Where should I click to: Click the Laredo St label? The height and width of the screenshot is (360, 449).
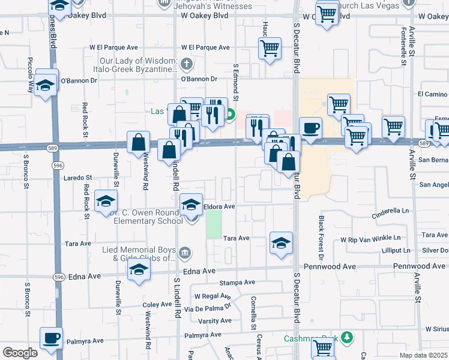pyautogui.click(x=77, y=178)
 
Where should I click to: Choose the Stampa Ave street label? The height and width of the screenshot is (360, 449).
pyautogui.click(x=237, y=282)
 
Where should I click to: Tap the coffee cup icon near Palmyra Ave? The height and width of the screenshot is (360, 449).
pyautogui.click(x=51, y=338)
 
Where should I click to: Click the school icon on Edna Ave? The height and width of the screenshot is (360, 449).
pyautogui.click(x=139, y=271)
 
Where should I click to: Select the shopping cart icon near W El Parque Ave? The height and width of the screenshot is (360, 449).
pyautogui.click(x=270, y=48)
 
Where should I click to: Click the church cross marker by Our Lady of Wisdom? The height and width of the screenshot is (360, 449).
pyautogui.click(x=187, y=63)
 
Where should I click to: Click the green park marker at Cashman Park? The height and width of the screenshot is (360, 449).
pyautogui.click(x=346, y=337)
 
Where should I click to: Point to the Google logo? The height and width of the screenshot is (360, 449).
pyautogui.click(x=20, y=353)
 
